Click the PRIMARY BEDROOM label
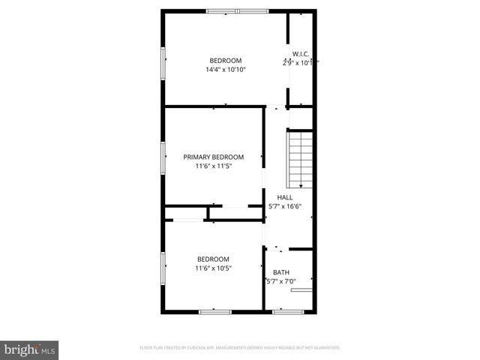point(214,157)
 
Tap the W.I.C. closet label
point(301,54)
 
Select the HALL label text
point(285,197)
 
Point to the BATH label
point(281,273)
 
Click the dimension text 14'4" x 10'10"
point(226,70)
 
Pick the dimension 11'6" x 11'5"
point(214,166)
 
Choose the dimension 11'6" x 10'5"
point(214,268)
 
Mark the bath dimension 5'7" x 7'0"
point(281,282)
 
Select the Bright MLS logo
point(30,349)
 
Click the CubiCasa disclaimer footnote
point(240,348)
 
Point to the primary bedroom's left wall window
point(163,158)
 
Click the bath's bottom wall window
point(287,310)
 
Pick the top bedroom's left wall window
point(163,63)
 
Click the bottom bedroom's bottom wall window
point(214,310)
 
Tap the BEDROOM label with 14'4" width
point(226,61)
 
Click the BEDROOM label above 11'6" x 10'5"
point(214,259)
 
